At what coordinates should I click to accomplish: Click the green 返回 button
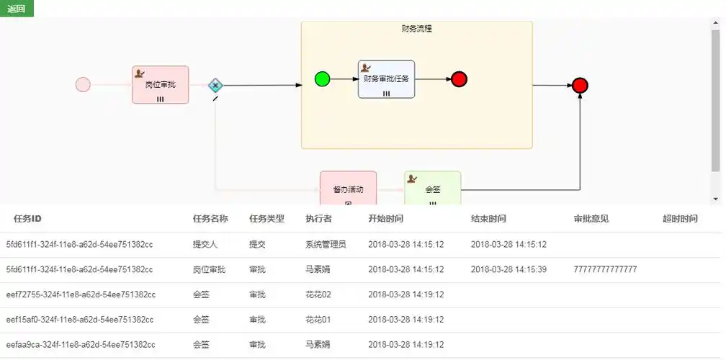coord(17,9)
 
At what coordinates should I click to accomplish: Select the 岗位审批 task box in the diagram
coord(160,85)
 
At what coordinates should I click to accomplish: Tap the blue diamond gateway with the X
coord(215,85)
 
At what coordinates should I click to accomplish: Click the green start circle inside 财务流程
coord(322,79)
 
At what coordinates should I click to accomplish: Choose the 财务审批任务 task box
coord(387,79)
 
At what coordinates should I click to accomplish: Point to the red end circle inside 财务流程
coord(460,79)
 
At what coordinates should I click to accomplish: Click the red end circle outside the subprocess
coord(580,86)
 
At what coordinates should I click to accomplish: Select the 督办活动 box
coord(348,188)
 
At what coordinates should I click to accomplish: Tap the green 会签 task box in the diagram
coord(432,188)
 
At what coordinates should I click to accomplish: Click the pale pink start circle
coord(83,85)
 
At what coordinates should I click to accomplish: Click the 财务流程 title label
coord(417,29)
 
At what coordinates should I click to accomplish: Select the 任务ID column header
coord(28,219)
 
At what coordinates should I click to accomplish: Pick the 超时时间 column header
coord(680,219)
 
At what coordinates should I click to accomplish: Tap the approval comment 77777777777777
coord(605,269)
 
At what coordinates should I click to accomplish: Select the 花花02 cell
coord(318,294)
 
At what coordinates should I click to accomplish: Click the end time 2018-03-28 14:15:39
coord(508,269)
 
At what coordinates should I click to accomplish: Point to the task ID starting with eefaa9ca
coord(81,345)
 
